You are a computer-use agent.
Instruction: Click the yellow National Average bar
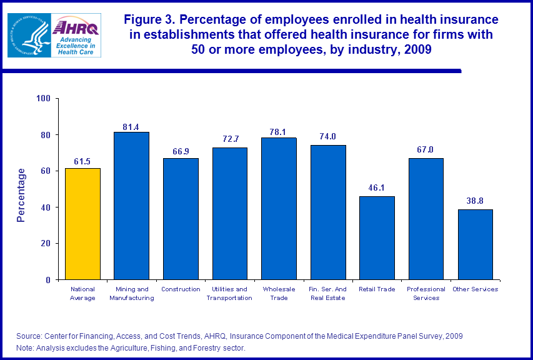point(82,224)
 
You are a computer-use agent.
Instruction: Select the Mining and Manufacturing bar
point(131,206)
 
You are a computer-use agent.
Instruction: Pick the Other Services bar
point(475,244)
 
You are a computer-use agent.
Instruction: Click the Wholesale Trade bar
point(279,209)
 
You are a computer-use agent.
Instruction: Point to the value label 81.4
point(131,127)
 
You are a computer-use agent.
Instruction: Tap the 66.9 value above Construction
point(180,153)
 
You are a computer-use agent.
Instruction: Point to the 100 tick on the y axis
point(44,99)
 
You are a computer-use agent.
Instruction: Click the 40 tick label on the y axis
point(46,207)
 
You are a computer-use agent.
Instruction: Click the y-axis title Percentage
point(21,195)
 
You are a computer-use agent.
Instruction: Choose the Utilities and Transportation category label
point(229,294)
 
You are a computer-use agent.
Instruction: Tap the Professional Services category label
point(426,294)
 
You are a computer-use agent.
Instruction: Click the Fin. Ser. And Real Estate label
point(328,294)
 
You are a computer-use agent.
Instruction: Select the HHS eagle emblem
point(27,36)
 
